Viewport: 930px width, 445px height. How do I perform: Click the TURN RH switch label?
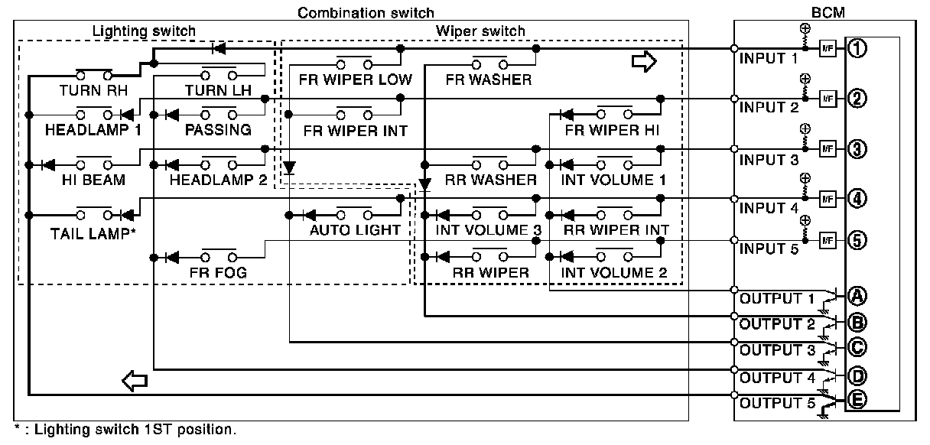click(x=94, y=90)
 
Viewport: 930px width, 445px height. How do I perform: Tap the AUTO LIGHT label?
click(x=355, y=229)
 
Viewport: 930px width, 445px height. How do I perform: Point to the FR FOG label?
click(x=217, y=272)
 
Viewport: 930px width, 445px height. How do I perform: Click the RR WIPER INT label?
click(x=616, y=229)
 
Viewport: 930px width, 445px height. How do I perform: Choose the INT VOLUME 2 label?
click(x=614, y=272)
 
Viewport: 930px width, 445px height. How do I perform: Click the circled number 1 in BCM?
click(x=856, y=49)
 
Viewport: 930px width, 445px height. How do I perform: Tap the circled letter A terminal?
click(x=856, y=295)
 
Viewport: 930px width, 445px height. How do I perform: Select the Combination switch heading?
click(x=366, y=13)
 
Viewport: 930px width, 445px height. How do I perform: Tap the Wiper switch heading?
click(x=480, y=31)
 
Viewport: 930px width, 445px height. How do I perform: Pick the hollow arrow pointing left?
click(x=135, y=380)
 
